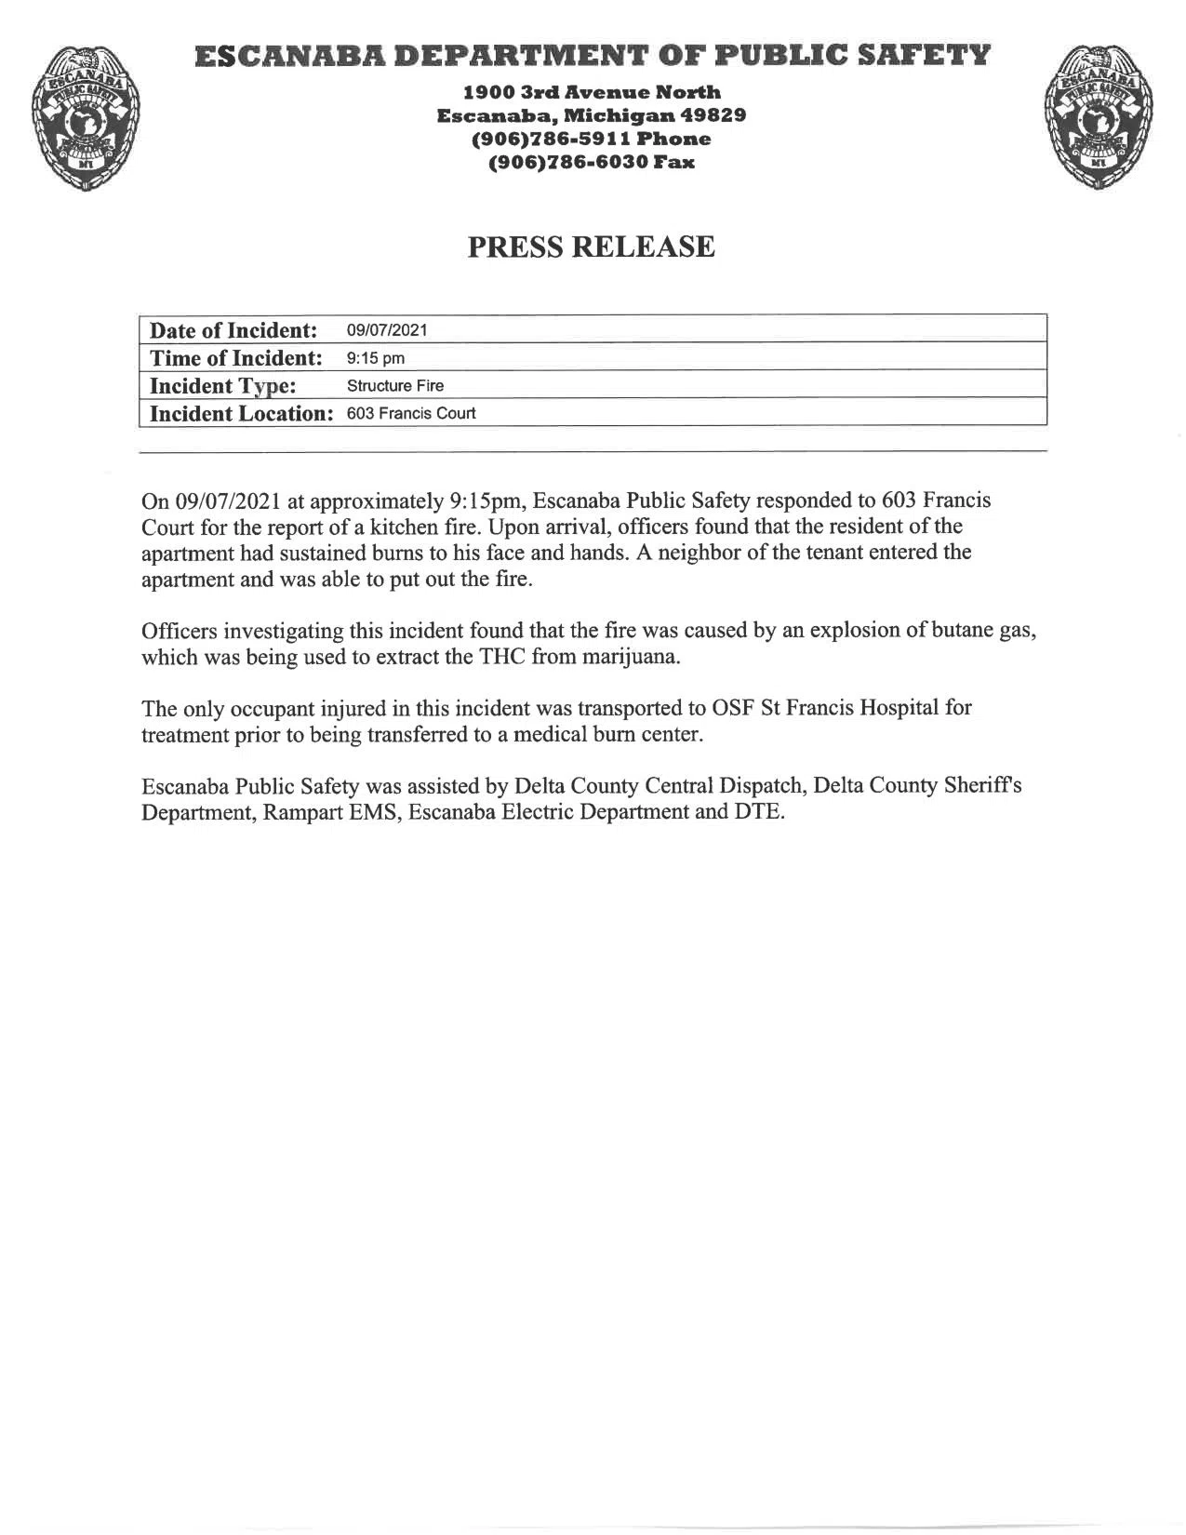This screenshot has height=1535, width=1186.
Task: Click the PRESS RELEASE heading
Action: (591, 247)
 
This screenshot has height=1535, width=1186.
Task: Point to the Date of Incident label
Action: (233, 330)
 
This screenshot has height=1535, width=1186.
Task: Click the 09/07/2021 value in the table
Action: (387, 330)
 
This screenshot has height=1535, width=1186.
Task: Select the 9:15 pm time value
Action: (376, 358)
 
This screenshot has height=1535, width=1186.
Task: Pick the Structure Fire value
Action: (395, 385)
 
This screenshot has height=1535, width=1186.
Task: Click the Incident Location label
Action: (241, 413)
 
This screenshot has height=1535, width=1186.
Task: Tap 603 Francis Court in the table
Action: (411, 413)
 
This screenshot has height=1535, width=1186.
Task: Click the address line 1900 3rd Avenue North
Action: (592, 92)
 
